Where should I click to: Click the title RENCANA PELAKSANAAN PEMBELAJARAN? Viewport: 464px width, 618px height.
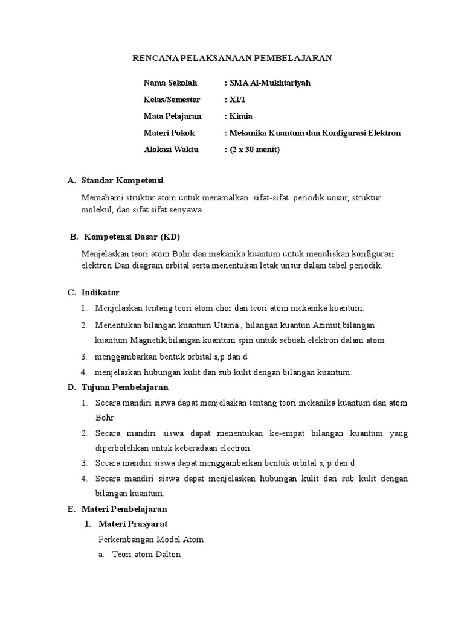tap(232, 58)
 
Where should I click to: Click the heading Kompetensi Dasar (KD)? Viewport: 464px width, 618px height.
tap(132, 236)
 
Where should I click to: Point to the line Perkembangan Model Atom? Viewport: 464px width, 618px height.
tap(150, 540)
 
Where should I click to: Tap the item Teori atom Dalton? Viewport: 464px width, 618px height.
tap(146, 555)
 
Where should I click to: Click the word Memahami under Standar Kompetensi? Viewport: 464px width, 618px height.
tap(100, 198)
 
